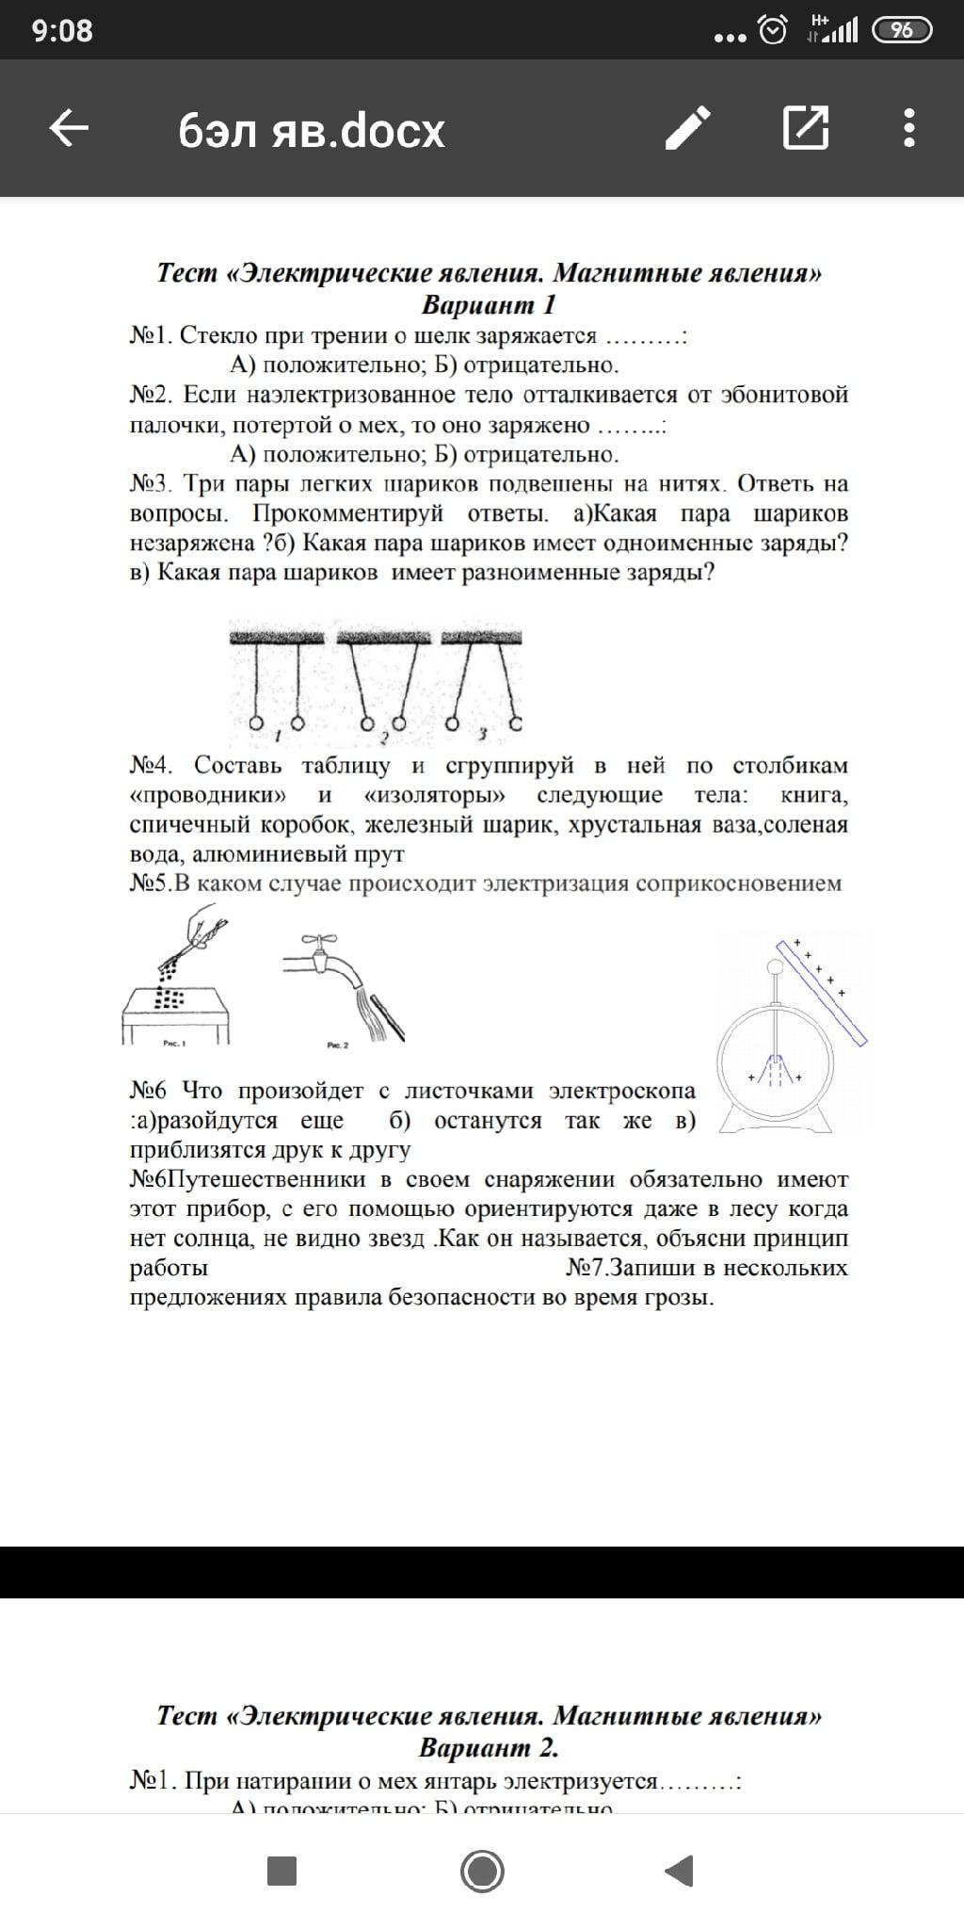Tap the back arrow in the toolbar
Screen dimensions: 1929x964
(x=69, y=128)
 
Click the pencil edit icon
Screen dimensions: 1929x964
(x=687, y=128)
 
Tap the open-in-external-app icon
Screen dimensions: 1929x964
(x=806, y=128)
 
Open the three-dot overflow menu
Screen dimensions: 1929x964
(x=908, y=128)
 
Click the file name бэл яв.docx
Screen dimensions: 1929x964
(x=312, y=131)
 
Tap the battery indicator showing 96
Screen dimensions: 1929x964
(x=902, y=30)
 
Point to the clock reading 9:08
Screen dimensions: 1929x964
(x=62, y=30)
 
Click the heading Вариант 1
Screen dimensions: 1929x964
(x=489, y=305)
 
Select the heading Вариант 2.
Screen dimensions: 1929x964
(x=489, y=1748)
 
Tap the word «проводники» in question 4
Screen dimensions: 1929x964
(x=208, y=795)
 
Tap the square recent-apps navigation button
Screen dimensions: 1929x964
(x=282, y=1872)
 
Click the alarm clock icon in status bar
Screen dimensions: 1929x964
(x=773, y=31)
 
